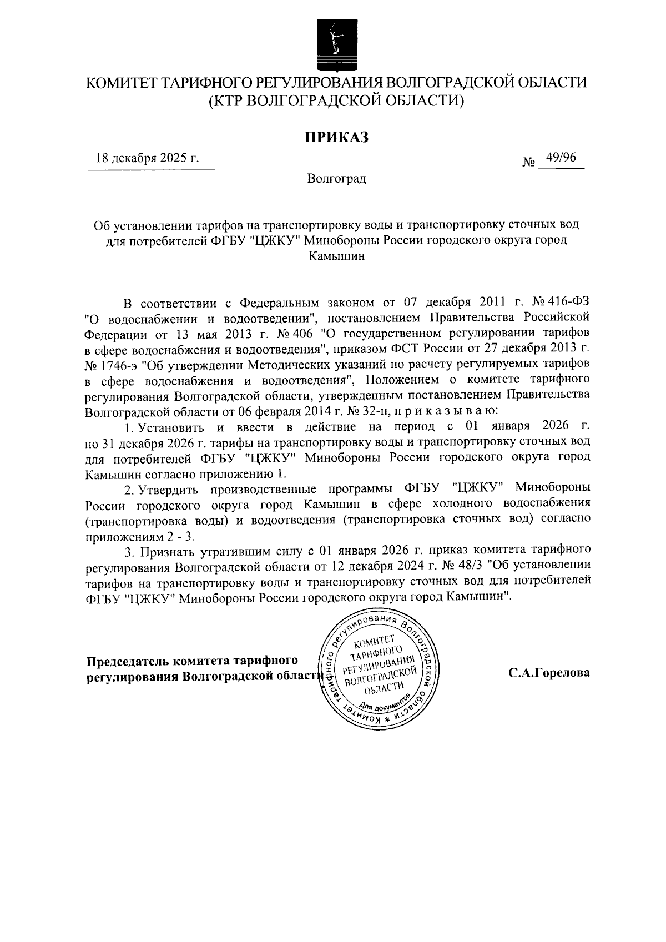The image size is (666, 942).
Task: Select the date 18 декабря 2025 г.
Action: (147, 158)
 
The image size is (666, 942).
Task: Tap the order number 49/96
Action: (561, 158)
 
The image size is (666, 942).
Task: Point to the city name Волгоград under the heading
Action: (336, 179)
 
